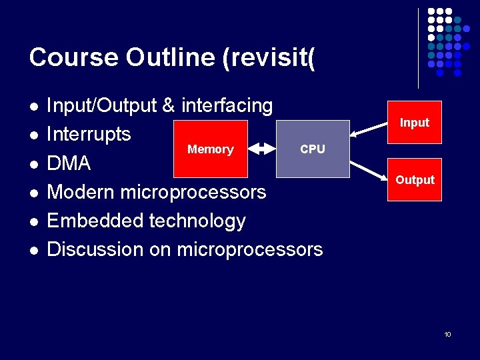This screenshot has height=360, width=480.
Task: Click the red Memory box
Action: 210,149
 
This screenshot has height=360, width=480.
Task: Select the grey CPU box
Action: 313,149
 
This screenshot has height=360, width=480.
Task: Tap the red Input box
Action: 415,123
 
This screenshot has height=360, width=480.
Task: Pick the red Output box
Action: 415,180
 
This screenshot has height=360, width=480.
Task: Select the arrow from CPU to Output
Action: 371,167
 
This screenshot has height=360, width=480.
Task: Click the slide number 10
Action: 447,334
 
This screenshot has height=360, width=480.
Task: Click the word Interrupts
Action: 89,134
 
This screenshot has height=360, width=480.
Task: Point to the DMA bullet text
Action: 69,163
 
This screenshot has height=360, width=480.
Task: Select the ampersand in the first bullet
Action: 169,105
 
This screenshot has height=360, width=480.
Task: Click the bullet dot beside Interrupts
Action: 33,135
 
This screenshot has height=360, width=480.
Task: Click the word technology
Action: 197,221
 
